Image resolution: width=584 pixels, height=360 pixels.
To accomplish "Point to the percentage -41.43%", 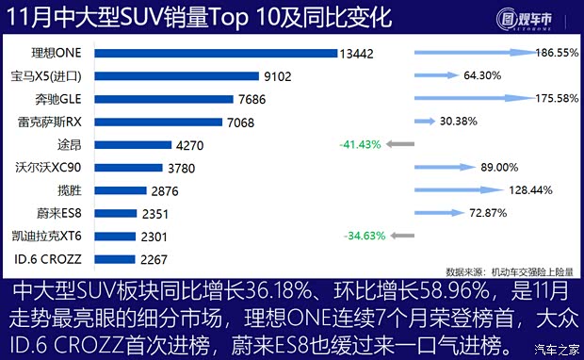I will (x=360, y=145).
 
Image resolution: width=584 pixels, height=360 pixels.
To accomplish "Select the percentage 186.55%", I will (x=556, y=54).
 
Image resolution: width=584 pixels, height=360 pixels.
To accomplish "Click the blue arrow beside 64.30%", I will (x=432, y=75).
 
